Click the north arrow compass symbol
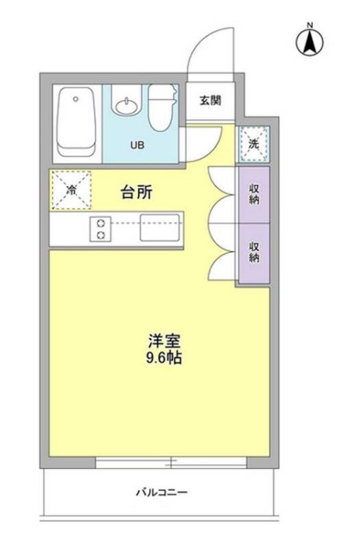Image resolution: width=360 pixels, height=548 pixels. pyautogui.click(x=310, y=44)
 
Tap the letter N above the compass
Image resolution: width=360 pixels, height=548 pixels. pyautogui.click(x=310, y=27)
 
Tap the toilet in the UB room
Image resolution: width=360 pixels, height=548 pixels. pyautogui.click(x=161, y=109)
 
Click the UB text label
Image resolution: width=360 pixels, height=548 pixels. pyautogui.click(x=137, y=144)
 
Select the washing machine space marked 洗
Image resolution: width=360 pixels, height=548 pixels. pyautogui.click(x=254, y=144)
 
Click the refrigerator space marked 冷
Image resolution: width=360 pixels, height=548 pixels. pyautogui.click(x=72, y=190)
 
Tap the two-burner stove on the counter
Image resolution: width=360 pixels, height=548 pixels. pyautogui.click(x=100, y=228)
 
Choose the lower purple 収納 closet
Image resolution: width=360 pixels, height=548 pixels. pyautogui.click(x=253, y=252)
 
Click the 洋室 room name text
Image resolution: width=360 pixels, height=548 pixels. pyautogui.click(x=159, y=340)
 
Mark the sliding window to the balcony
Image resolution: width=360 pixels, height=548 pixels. pyautogui.click(x=171, y=463)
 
